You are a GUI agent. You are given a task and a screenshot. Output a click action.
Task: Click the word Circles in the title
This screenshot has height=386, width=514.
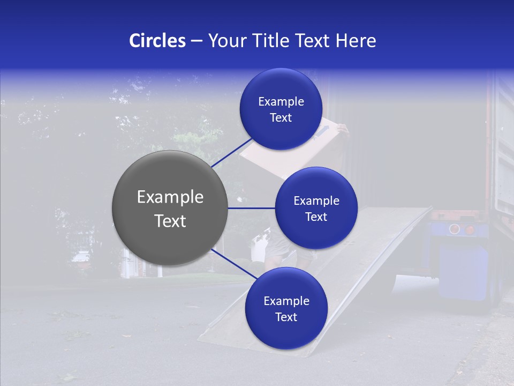pos(157,41)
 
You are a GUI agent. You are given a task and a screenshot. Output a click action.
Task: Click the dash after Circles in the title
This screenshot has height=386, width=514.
pos(196,41)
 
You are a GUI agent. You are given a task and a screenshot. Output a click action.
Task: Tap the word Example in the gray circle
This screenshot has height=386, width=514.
pos(170,197)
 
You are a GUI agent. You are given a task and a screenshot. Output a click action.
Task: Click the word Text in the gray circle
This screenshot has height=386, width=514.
pos(170,221)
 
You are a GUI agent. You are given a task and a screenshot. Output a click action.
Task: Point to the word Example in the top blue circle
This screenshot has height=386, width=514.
pos(281,102)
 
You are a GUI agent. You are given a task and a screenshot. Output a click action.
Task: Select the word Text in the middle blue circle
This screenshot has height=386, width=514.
pos(316,217)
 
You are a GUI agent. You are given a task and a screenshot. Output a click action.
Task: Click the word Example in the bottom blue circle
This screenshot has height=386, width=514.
pos(286,301)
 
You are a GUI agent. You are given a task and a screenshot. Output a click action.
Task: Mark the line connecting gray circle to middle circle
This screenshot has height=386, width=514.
pos(251,208)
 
